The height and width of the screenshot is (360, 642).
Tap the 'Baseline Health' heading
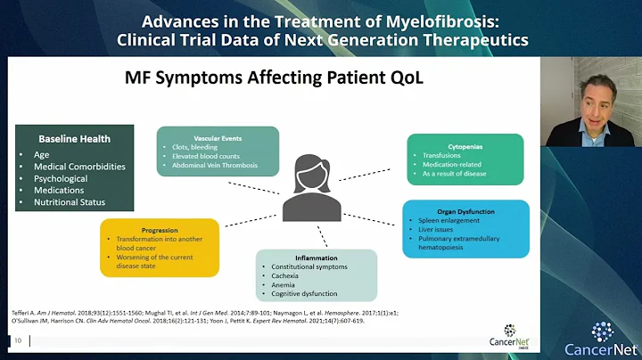click(74, 139)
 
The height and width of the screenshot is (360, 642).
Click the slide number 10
click(17, 340)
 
